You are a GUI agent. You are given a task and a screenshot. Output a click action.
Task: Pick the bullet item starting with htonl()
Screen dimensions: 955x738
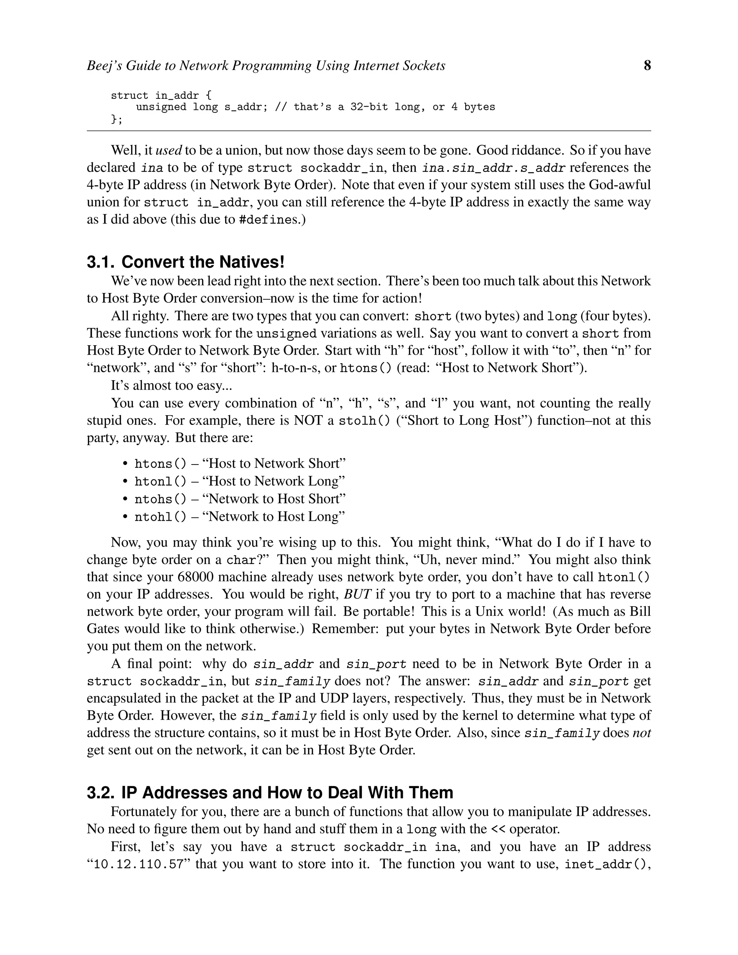[240, 481]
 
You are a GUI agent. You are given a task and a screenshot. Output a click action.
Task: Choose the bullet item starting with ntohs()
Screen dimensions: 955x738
[240, 499]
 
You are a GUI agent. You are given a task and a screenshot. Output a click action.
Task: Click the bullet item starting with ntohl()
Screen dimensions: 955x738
[240, 517]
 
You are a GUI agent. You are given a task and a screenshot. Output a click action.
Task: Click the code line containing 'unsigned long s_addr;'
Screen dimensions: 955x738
[315, 107]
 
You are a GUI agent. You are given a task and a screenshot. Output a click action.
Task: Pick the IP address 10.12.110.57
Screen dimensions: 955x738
[138, 865]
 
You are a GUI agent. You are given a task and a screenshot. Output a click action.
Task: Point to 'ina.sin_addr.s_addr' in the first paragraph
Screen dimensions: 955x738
[494, 168]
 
